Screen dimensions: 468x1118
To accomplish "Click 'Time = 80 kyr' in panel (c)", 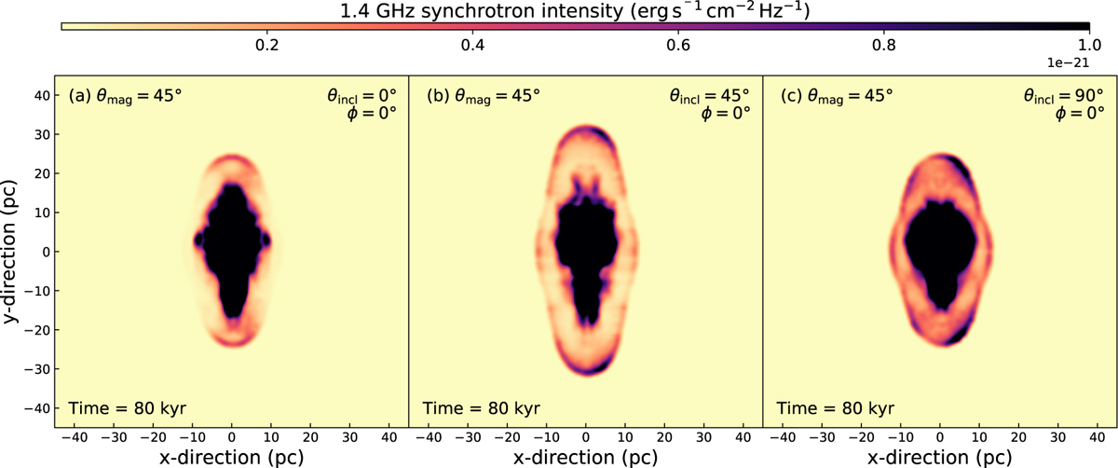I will point(834,408).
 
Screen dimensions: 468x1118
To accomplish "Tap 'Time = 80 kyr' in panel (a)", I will point(127,408).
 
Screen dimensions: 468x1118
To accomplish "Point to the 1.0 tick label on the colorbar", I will point(1088,45).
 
